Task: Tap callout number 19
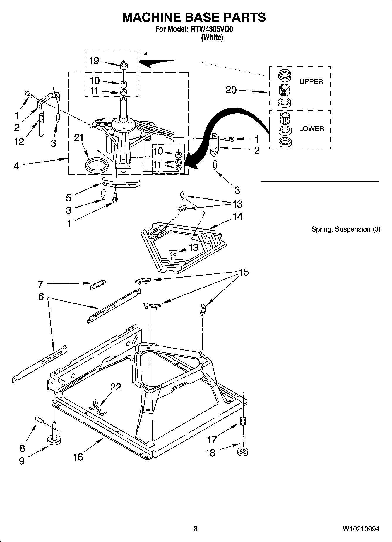coord(94,61)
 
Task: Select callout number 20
coord(231,90)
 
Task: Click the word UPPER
coord(311,82)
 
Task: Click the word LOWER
coord(311,129)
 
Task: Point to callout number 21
coord(79,137)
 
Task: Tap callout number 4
coord(16,166)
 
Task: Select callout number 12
coord(19,142)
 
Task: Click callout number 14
coord(237,217)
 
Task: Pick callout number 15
coord(244,272)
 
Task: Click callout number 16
coord(78,457)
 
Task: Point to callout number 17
coord(212,440)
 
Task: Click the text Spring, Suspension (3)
coord(346,229)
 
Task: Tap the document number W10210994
coord(361,529)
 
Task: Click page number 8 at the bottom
coord(196,529)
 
